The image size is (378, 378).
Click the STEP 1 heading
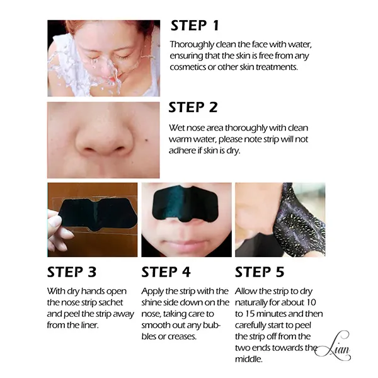click(195, 26)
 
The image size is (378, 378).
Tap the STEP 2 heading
click(193, 107)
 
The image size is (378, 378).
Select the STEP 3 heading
click(72, 272)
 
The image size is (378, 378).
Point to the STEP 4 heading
click(166, 272)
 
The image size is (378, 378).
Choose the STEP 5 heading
click(260, 272)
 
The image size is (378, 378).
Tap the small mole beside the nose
click(147, 140)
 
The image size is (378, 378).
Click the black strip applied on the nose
click(186, 203)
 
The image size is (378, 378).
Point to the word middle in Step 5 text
click(249, 359)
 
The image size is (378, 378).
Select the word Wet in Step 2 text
click(176, 128)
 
